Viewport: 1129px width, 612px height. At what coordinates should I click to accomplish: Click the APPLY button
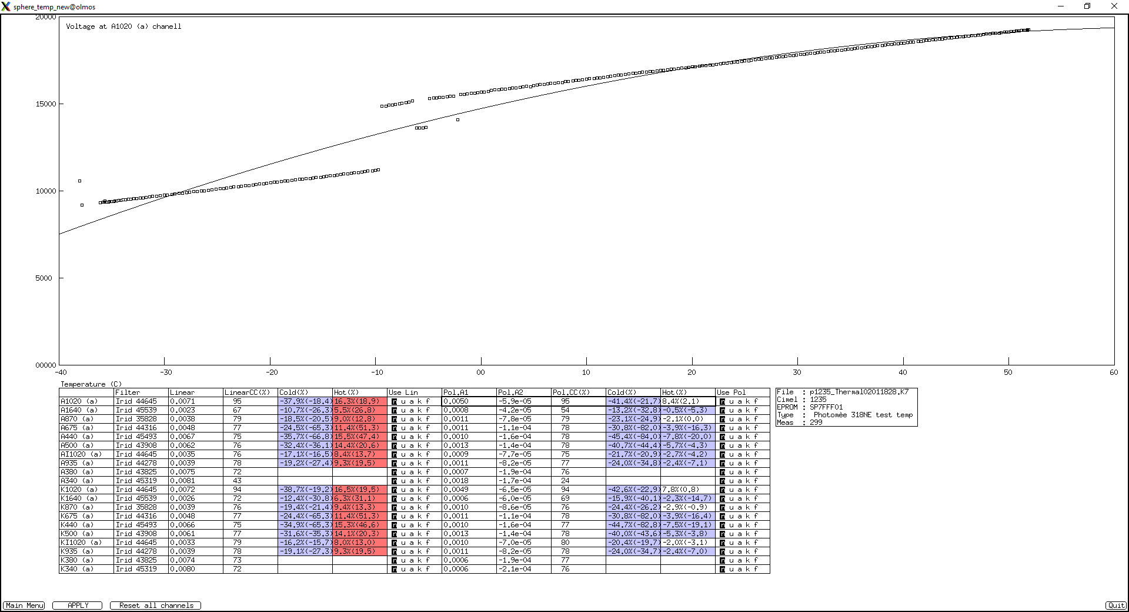tap(78, 605)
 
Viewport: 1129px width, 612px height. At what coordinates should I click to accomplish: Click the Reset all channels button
tap(156, 605)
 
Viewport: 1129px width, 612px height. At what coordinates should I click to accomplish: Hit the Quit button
tap(1116, 605)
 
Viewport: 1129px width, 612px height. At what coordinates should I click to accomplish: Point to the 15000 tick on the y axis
tap(61, 104)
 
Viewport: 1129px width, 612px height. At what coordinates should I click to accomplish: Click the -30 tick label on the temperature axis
tap(166, 372)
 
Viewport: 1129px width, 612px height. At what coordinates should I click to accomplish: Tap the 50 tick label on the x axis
tap(1008, 372)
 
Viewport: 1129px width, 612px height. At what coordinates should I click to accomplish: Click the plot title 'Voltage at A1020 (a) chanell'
tap(123, 26)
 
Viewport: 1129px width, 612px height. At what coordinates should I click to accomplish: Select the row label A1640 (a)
tap(79, 410)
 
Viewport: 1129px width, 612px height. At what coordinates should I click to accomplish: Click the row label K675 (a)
tap(77, 516)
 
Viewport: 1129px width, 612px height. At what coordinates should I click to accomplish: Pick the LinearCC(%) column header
tap(247, 393)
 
